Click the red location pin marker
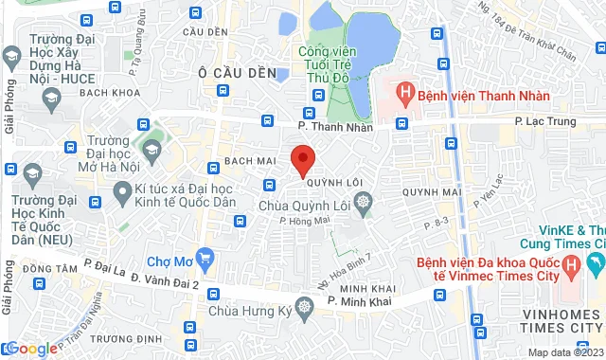[x=302, y=159]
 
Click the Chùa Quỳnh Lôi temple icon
[x=365, y=201]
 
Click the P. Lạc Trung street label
[x=540, y=121]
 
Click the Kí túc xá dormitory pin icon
[x=121, y=194]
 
